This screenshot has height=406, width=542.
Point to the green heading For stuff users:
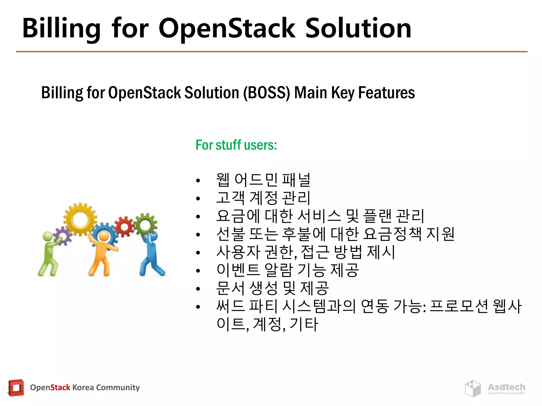coord(236,145)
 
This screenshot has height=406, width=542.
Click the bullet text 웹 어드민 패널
coord(263,180)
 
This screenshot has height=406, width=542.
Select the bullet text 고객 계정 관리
coord(263,198)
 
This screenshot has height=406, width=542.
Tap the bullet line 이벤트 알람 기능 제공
coord(288,270)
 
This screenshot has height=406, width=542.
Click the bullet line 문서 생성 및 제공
coord(273,288)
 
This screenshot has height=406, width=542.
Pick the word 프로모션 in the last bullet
coord(459,306)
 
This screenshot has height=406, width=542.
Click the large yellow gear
coord(80,219)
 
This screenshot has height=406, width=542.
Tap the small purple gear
coord(63,236)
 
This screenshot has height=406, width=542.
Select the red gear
coord(124,227)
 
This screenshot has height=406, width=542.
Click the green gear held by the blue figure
coord(145,225)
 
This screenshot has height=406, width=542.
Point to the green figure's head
coord(48,236)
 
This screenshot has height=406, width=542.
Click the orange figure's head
coord(104,236)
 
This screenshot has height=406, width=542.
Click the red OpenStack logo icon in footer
coord(16,388)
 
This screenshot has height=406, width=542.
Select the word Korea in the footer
coord(83,387)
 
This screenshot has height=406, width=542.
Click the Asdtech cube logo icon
coord(473,388)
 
